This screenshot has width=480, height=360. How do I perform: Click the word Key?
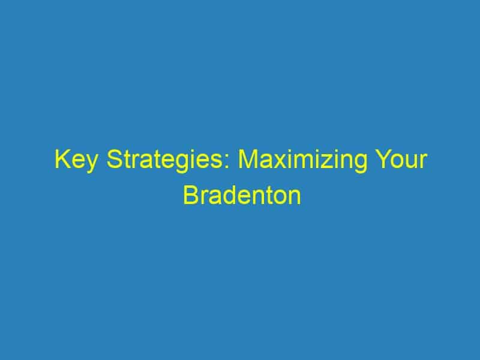76,161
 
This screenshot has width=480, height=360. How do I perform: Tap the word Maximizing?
302,161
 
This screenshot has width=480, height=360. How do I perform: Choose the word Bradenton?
242,195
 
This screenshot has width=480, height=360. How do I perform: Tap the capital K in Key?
62,159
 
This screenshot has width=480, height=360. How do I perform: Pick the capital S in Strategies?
114,159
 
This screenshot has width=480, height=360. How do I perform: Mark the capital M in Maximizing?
248,159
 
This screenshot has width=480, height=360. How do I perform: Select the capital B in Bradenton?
191,195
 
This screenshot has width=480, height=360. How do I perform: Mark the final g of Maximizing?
360,164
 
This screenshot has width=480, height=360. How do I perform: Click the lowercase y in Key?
90,164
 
